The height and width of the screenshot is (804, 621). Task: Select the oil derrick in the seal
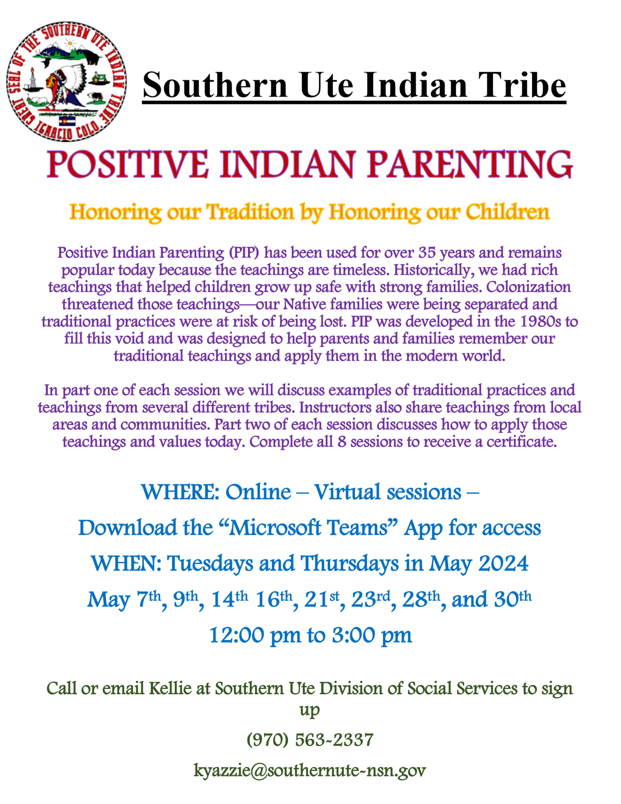(x=32, y=79)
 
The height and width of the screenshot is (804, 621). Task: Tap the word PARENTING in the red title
(x=470, y=164)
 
